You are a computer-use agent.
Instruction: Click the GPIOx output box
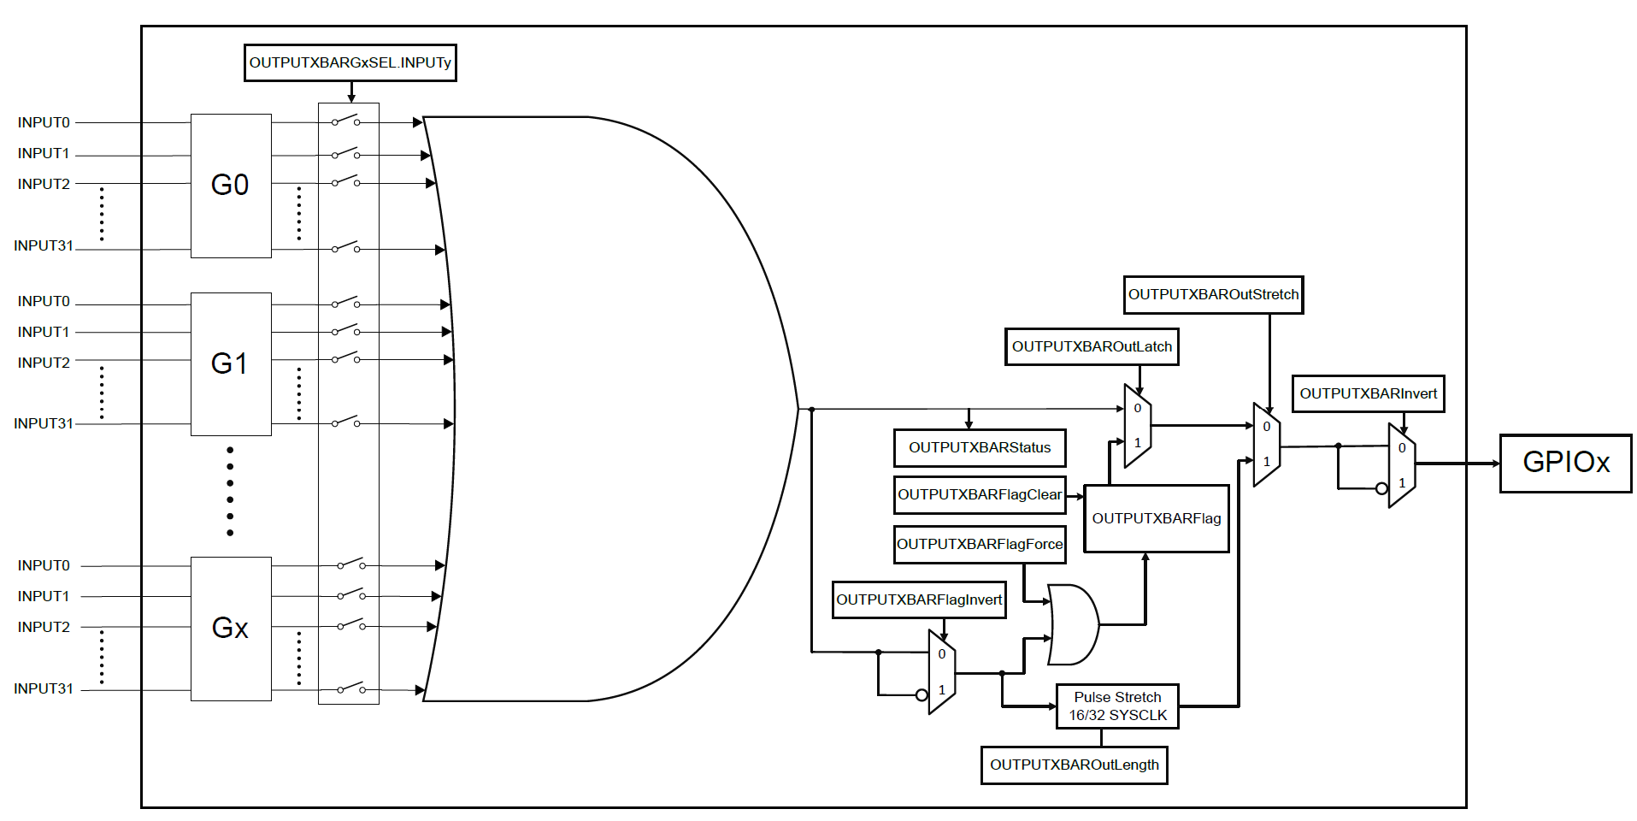pos(1565,464)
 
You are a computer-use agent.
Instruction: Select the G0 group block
pos(231,186)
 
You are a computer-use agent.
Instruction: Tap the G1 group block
pos(231,364)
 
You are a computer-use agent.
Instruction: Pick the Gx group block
pos(231,629)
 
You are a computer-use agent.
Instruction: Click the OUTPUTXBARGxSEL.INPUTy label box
pos(350,63)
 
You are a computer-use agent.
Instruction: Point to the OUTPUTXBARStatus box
pos(980,447)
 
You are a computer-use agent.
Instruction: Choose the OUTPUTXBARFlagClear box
pos(980,495)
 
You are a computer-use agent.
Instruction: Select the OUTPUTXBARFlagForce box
pos(980,545)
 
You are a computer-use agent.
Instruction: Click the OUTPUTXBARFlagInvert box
pos(919,600)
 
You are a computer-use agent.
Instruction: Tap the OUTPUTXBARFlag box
pos(1157,518)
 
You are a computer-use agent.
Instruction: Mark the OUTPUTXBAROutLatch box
pos(1092,347)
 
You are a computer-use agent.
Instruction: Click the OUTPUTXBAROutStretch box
pos(1213,295)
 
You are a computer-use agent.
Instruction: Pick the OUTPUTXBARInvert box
pos(1368,394)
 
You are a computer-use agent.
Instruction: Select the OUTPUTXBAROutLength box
pos(1074,765)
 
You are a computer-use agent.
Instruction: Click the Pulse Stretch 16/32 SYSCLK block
pos(1117,706)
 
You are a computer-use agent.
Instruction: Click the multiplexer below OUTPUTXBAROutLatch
pos(1138,426)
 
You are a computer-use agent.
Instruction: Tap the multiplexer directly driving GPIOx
pos(1402,465)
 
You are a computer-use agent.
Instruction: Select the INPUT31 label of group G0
pos(44,246)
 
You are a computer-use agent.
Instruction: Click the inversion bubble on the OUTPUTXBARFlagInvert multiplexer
pos(922,695)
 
